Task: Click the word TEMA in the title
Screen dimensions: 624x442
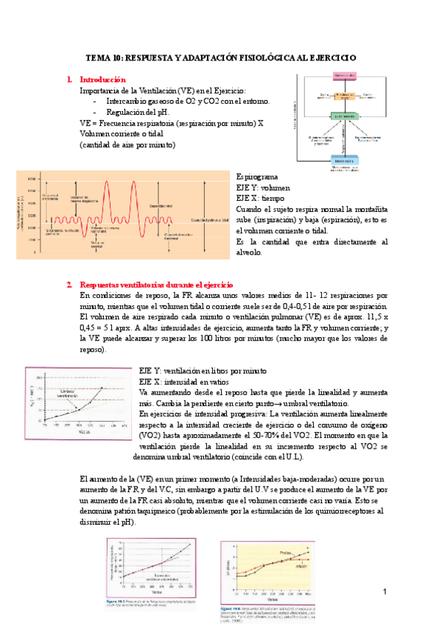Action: click(x=97, y=57)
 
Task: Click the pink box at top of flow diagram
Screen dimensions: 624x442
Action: click(x=345, y=77)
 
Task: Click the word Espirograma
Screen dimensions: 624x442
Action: click(x=257, y=177)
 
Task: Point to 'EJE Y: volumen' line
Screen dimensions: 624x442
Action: click(x=264, y=188)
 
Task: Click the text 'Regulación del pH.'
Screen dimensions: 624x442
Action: click(x=138, y=112)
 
